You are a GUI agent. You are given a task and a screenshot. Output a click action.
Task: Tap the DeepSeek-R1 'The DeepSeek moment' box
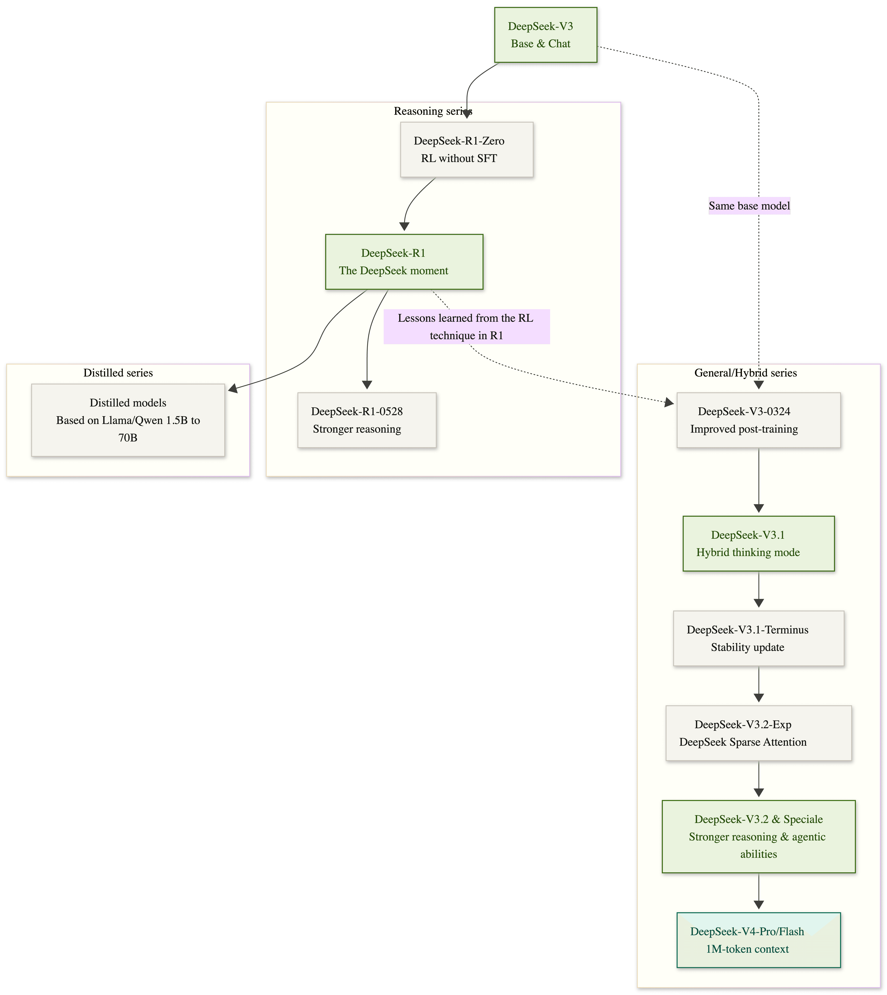[404, 262]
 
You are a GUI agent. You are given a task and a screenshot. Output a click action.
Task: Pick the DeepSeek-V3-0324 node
[758, 420]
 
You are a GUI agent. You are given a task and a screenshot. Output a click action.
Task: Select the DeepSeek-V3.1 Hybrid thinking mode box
[758, 544]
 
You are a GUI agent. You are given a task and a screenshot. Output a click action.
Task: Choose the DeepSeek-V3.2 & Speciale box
[758, 837]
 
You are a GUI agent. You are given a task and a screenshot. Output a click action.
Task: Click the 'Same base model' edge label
[749, 206]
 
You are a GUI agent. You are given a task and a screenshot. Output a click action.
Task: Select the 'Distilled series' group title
[118, 373]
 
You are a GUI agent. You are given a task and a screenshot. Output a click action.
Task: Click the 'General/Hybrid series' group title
[745, 373]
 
